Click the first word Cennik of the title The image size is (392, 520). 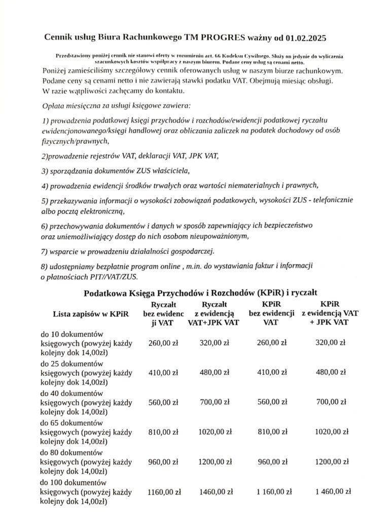coord(57,38)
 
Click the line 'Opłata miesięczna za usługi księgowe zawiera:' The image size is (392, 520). coord(117,107)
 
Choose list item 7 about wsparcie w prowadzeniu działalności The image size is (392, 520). coord(128,251)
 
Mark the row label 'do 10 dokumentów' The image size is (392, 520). coord(72,334)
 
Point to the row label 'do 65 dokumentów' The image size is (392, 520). coord(72,422)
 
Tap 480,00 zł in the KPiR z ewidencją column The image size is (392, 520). coord(333,372)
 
